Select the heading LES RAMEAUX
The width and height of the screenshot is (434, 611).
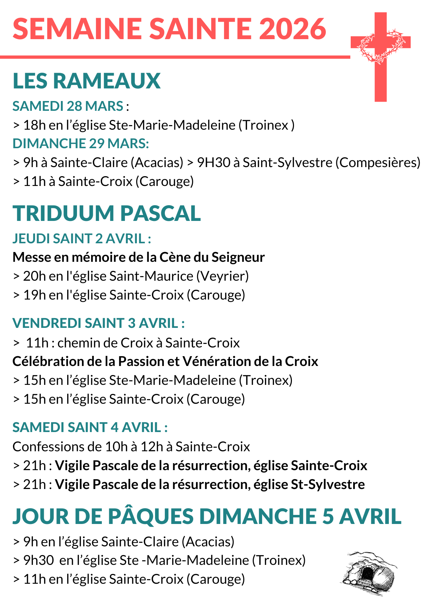[x=86, y=81]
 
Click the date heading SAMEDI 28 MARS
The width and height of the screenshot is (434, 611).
[x=68, y=106]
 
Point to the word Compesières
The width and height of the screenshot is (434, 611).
[x=378, y=163]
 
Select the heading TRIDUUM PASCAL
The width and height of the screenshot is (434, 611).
[x=107, y=213]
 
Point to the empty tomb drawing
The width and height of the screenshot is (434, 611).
[x=369, y=573]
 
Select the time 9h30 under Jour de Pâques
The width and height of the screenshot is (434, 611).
[x=38, y=560]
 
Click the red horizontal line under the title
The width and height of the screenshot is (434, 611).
[x=175, y=57]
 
